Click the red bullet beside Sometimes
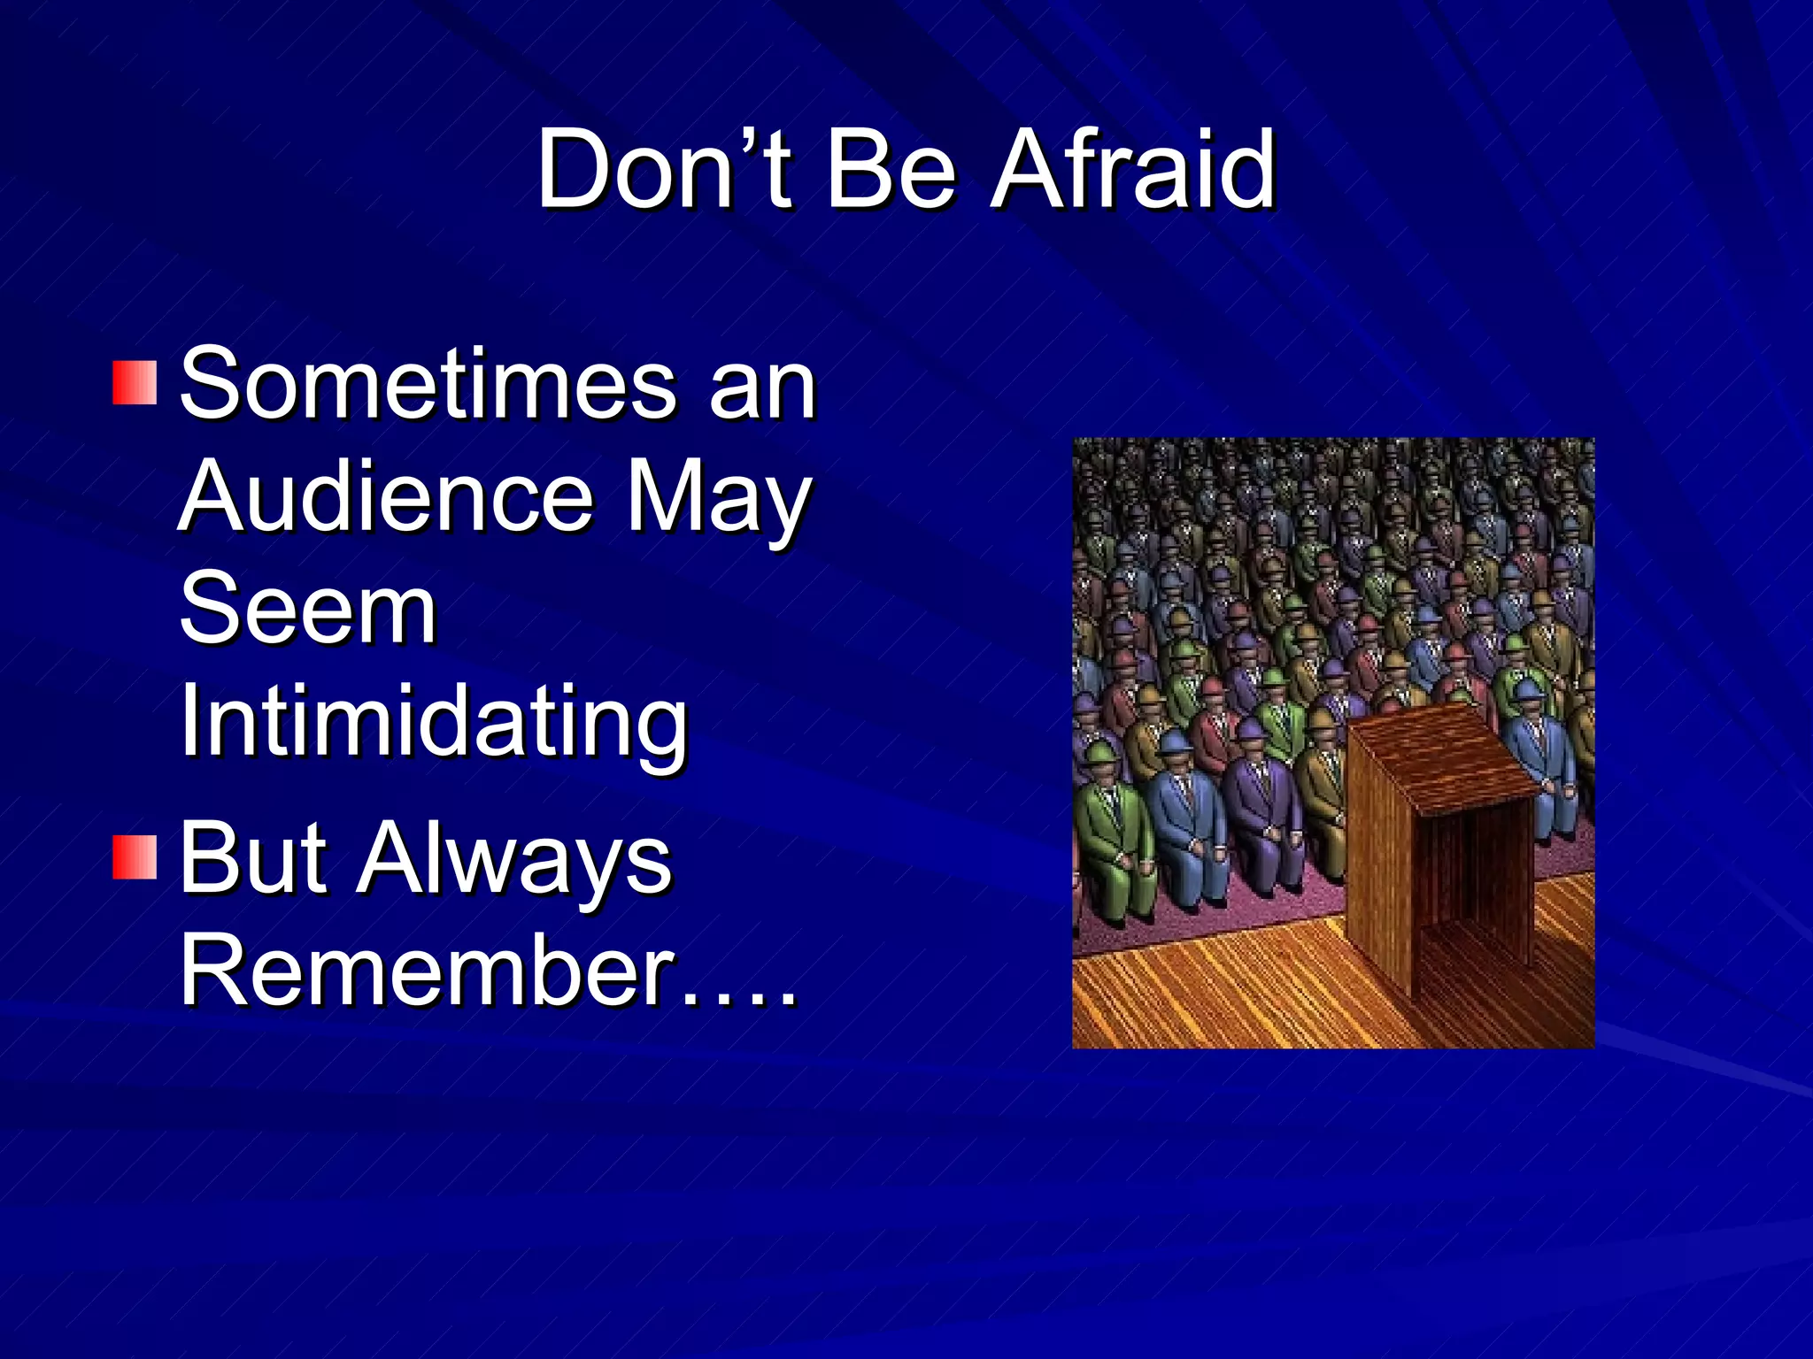click(x=135, y=382)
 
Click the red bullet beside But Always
click(x=135, y=856)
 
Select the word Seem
click(x=308, y=610)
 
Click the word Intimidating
click(x=434, y=724)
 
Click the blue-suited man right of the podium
click(x=1545, y=761)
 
